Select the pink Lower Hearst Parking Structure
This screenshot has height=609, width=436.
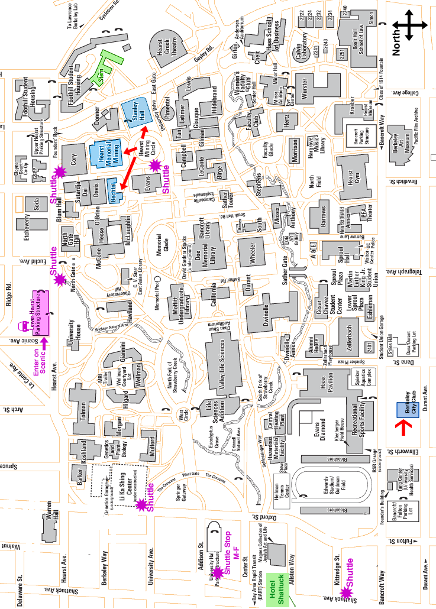pyautogui.click(x=40, y=313)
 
